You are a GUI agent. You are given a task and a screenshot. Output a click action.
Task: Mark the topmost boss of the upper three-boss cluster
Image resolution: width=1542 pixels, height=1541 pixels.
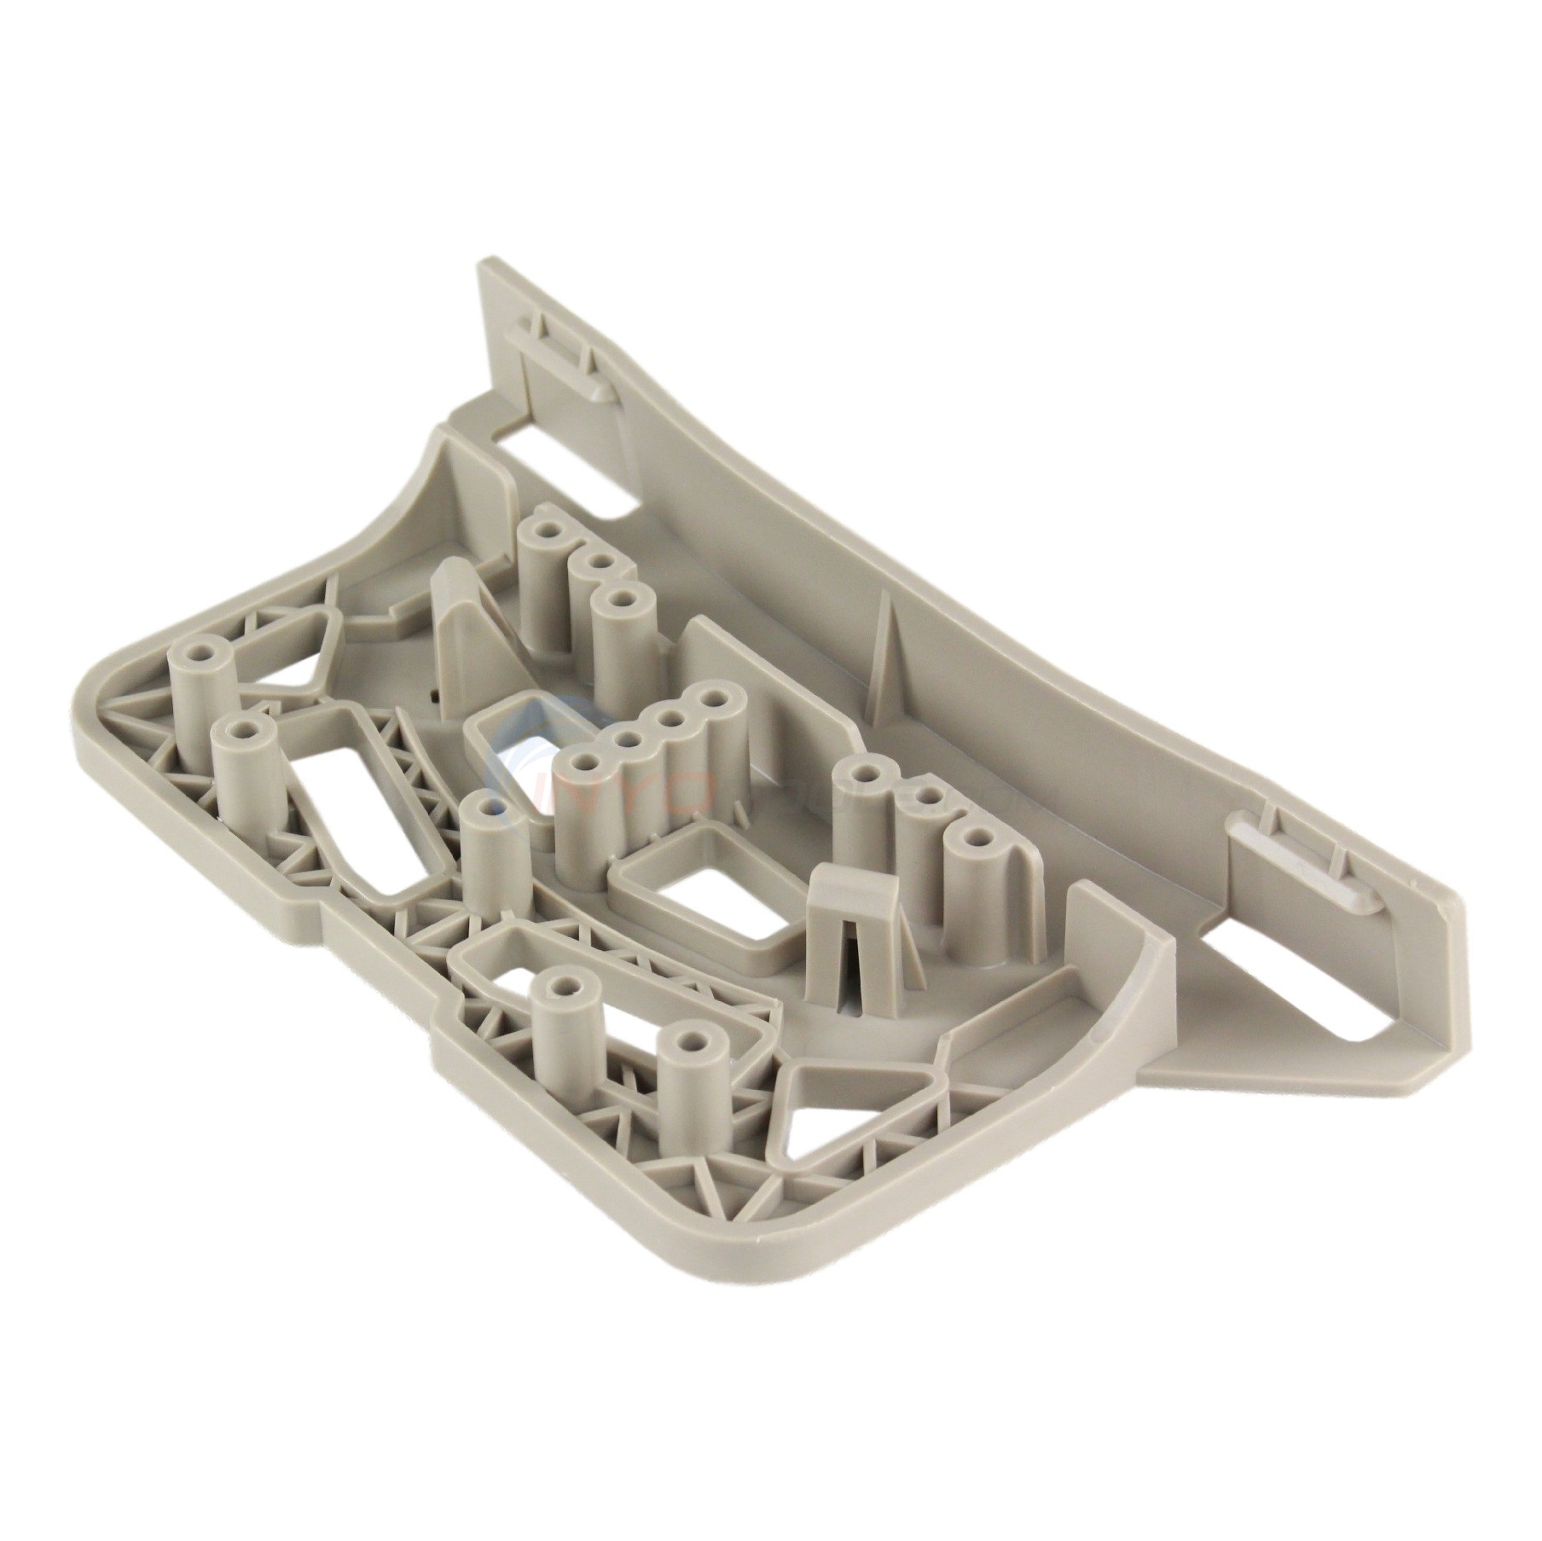(x=542, y=533)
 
